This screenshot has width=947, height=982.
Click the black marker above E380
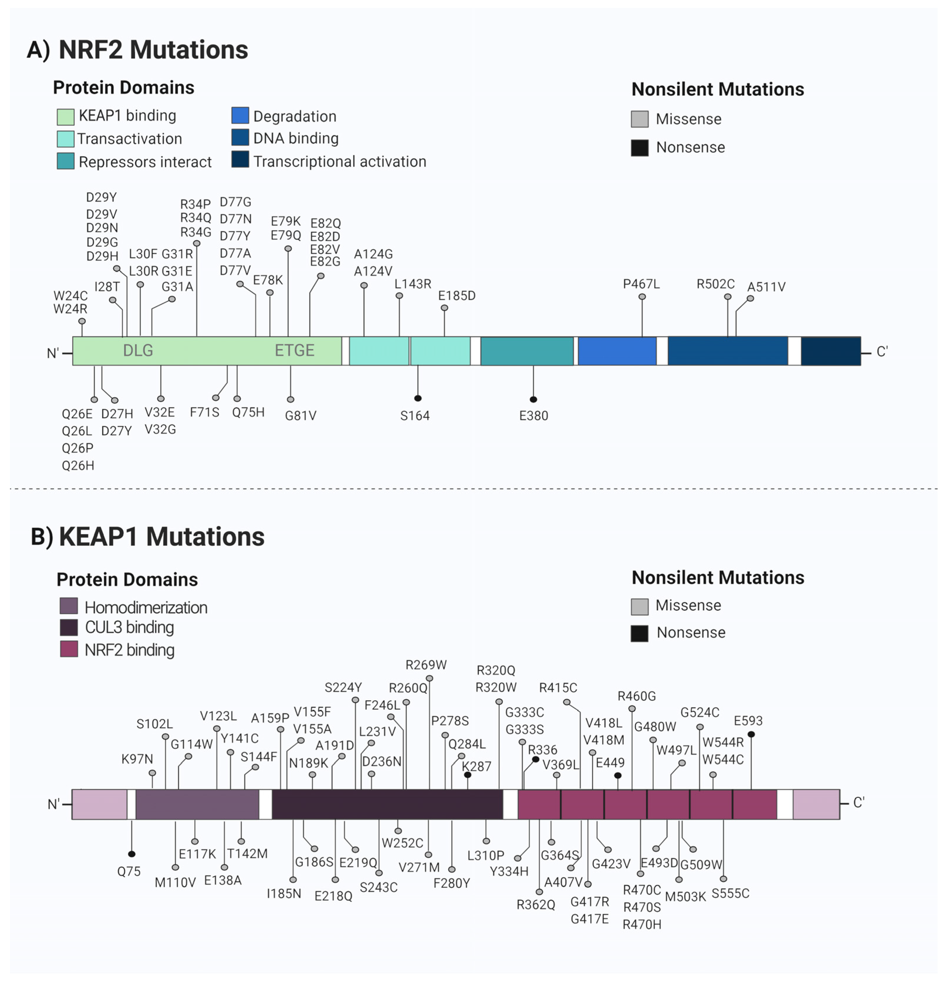pos(533,399)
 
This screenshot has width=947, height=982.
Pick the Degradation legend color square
pos(240,115)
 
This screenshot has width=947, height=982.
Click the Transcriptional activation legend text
pos(339,161)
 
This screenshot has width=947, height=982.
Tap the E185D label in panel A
pos(456,296)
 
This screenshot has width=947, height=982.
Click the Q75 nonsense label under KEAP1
pos(129,871)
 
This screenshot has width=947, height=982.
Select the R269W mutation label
pos(426,665)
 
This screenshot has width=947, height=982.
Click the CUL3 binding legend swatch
pos(69,627)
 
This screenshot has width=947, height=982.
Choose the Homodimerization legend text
pos(146,607)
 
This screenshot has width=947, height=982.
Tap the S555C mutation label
pos(730,893)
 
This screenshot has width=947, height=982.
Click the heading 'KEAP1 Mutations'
pos(161,536)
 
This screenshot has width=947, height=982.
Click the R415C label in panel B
pos(558,687)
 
